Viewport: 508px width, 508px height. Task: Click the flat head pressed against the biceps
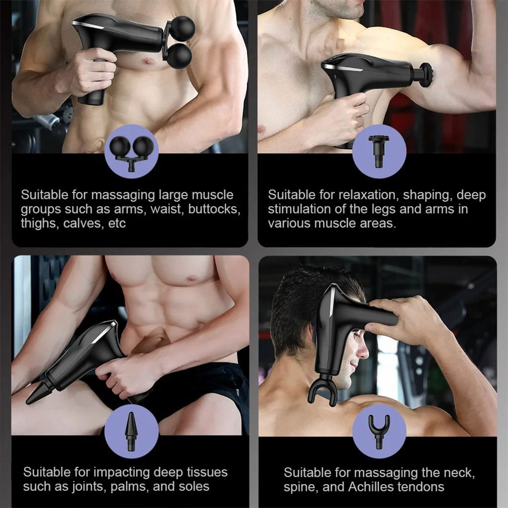(x=426, y=75)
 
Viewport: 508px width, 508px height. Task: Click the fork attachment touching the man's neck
(x=322, y=390)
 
